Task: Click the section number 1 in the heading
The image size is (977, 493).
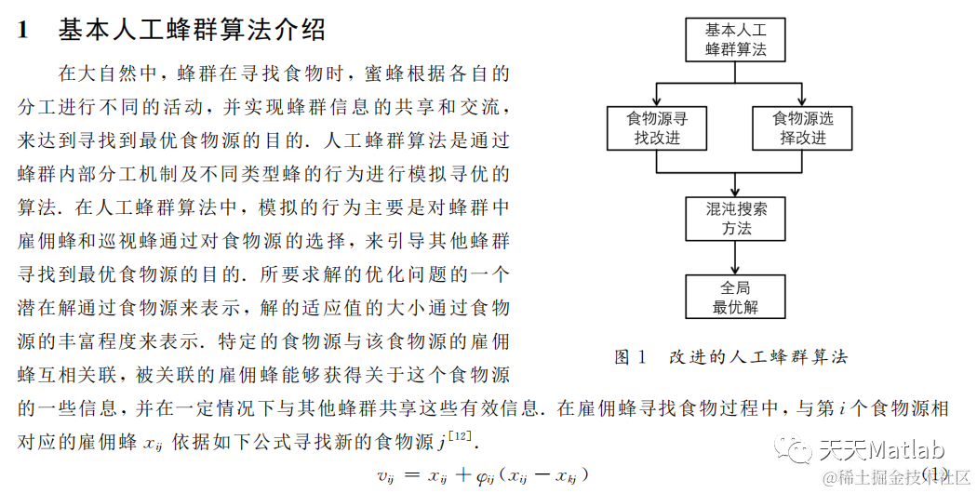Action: coord(25,31)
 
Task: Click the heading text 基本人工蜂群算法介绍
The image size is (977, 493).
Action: coord(192,30)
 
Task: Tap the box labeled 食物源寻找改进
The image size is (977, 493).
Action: coord(658,127)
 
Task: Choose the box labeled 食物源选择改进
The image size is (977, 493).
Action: coord(803,127)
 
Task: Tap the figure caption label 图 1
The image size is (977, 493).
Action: coord(630,357)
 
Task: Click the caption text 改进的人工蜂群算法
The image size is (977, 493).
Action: coord(758,357)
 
